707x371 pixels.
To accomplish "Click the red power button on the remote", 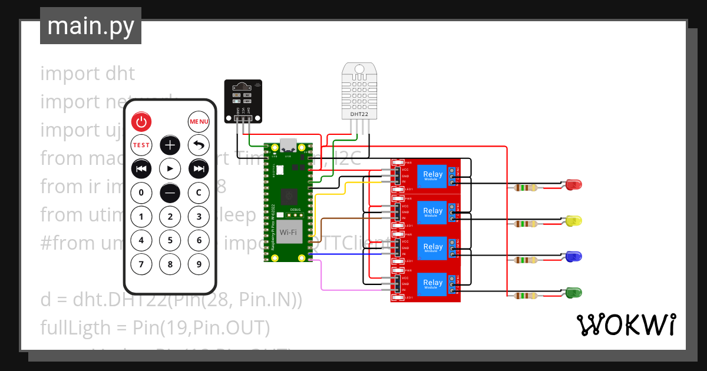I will (141, 122).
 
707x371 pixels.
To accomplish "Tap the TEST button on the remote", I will (141, 145).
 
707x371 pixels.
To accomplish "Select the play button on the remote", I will (170, 168).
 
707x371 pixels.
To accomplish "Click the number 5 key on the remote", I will (170, 240).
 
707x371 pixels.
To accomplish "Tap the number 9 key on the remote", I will (199, 264).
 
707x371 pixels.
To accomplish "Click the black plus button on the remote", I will (170, 145).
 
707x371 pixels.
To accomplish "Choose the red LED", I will (573, 185).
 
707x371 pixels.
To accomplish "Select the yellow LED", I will (573, 221).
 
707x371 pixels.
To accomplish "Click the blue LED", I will (573, 257).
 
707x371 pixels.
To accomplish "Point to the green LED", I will (573, 292).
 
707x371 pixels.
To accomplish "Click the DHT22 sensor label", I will (359, 114).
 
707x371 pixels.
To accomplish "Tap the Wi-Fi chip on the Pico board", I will (289, 233).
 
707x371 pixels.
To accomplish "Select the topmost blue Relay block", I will (432, 175).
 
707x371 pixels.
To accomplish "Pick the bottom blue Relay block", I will (432, 285).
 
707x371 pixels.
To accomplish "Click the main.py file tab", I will (91, 26).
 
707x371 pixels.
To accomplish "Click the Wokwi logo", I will (626, 324).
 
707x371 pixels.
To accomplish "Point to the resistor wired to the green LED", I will (525, 296).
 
